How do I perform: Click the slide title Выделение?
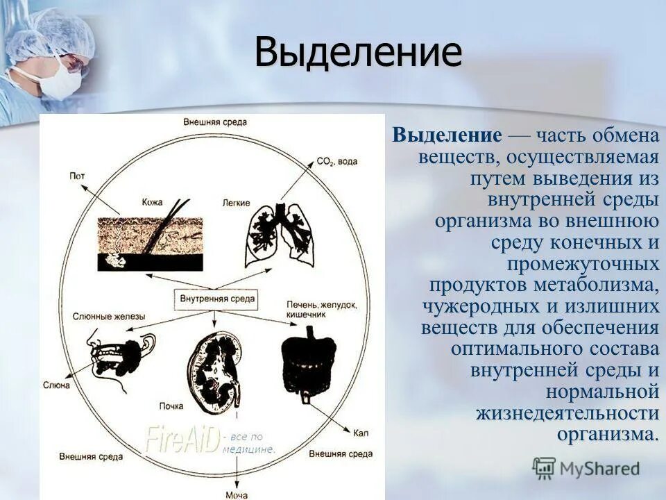click(357, 53)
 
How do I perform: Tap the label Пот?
click(76, 176)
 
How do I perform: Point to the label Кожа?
click(151, 202)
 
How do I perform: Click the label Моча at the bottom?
click(237, 494)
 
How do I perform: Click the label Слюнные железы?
click(109, 317)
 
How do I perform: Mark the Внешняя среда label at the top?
click(215, 122)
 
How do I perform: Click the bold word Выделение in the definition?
click(447, 135)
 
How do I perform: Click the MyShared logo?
click(586, 468)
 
